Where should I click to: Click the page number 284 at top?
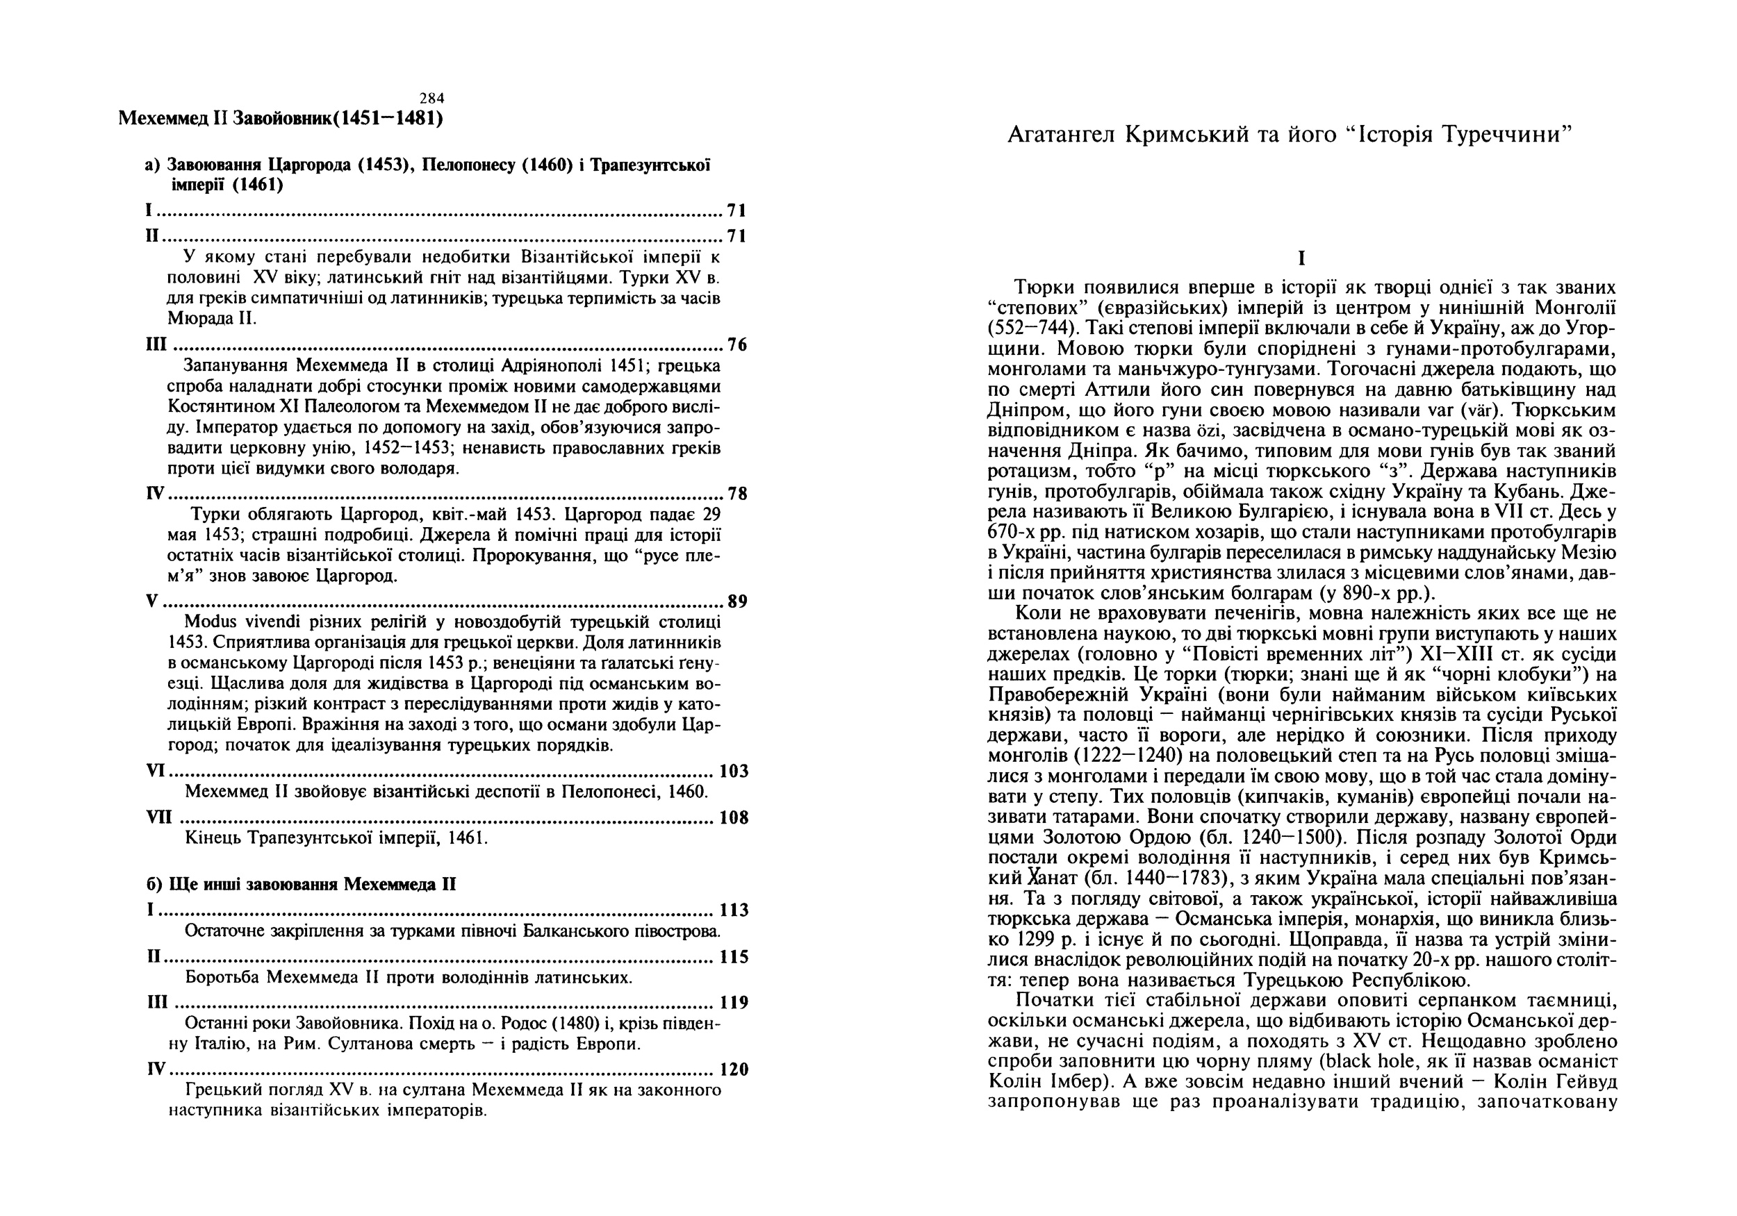(432, 97)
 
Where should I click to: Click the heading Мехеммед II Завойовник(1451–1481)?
(281, 119)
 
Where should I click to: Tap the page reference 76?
(737, 346)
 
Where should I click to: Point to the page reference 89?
(737, 602)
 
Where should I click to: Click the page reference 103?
(733, 772)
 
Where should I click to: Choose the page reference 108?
(733, 817)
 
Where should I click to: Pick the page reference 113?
(733, 910)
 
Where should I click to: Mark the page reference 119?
(733, 1003)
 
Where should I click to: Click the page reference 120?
(733, 1070)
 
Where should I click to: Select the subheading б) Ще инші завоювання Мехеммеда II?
(301, 885)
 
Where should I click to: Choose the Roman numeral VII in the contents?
(159, 817)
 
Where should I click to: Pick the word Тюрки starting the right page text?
(1044, 288)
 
